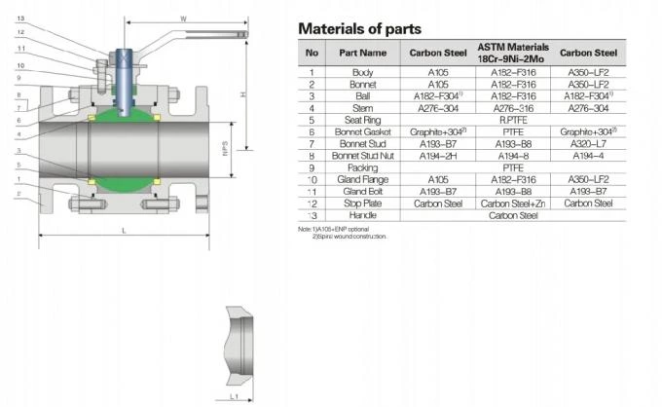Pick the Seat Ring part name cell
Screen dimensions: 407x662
click(362, 120)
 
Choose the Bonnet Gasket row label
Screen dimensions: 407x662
click(362, 131)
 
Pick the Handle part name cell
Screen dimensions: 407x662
click(362, 215)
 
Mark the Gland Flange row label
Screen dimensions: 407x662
click(362, 179)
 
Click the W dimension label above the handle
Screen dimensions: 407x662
click(183, 16)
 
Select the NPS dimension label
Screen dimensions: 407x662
click(225, 147)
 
